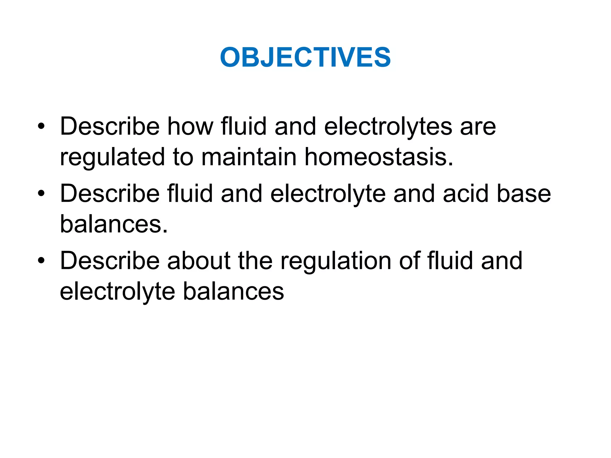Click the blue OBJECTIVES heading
pyautogui.click(x=305, y=57)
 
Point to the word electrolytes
pyautogui.click(x=388, y=126)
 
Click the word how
pyautogui.click(x=190, y=126)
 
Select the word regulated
pyautogui.click(x=112, y=157)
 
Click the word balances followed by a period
pyautogui.click(x=114, y=224)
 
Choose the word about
pyautogui.click(x=199, y=261)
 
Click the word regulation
pyautogui.click(x=336, y=261)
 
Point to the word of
pyautogui.click(x=409, y=261)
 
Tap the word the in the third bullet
pyautogui.click(x=255, y=261)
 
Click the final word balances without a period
pyautogui.click(x=233, y=291)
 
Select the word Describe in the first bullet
pyautogui.click(x=110, y=126)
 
